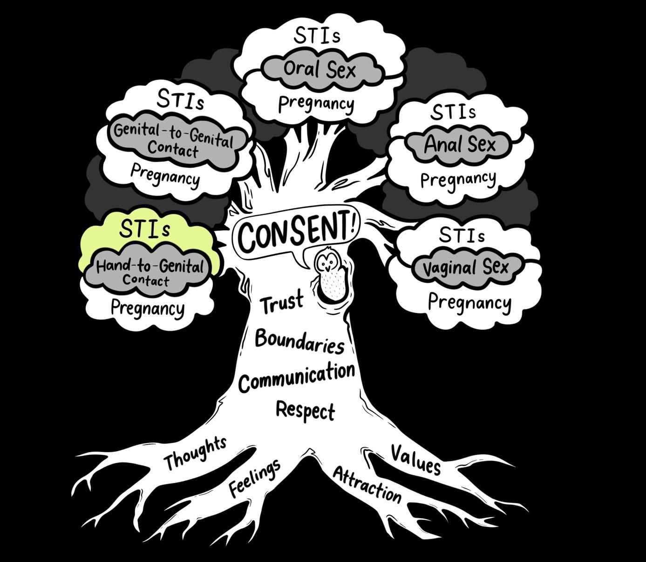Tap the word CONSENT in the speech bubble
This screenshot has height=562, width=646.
tap(298, 230)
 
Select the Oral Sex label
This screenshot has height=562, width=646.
tap(320, 70)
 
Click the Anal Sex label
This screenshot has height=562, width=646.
tap(460, 144)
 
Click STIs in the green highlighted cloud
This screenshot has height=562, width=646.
tap(144, 228)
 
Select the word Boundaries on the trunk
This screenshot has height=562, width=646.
tap(300, 341)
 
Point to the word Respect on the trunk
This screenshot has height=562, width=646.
tap(305, 410)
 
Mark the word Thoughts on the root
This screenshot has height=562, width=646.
tap(195, 453)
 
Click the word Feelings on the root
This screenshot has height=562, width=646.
tap(255, 477)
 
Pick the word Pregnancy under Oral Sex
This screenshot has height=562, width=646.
tap(316, 103)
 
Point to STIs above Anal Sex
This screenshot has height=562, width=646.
tap(453, 112)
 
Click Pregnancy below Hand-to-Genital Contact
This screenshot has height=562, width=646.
tap(148, 308)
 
